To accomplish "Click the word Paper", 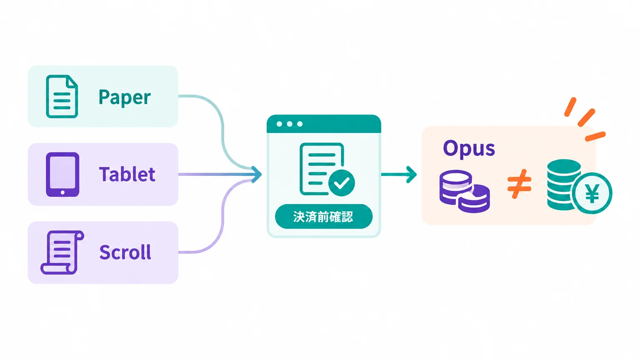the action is pyautogui.click(x=125, y=98).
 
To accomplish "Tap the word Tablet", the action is pyautogui.click(x=127, y=174).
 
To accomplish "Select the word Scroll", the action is pyautogui.click(x=125, y=252).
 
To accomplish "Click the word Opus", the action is pyautogui.click(x=469, y=149).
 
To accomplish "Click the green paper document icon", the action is pyautogui.click(x=62, y=96).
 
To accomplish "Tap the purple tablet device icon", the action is pyautogui.click(x=62, y=174).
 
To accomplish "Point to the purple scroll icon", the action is pyautogui.click(x=62, y=252).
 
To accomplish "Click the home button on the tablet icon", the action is pyautogui.click(x=62, y=192).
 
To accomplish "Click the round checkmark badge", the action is pyautogui.click(x=342, y=183).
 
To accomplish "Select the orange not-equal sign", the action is pyautogui.click(x=520, y=184).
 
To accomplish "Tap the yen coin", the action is pyautogui.click(x=592, y=193).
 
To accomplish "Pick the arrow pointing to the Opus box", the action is pyautogui.click(x=399, y=174).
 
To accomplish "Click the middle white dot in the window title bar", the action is pyautogui.click(x=290, y=124).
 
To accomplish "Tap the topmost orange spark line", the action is pyautogui.click(x=570, y=107).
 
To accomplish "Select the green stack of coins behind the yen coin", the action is pyautogui.click(x=563, y=185).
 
